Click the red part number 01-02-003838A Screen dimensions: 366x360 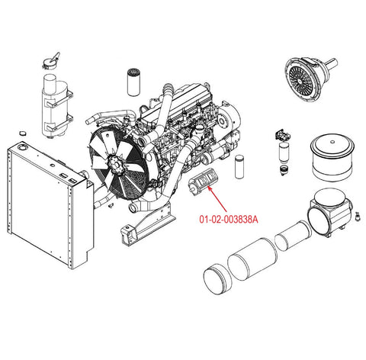click(229, 219)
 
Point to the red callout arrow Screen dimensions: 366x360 click(217, 198)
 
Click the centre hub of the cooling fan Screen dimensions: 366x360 click(116, 165)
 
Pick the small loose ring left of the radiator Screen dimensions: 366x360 click(23, 133)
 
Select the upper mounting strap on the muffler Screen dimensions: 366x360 click(59, 99)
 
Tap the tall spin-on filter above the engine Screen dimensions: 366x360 click(133, 82)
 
